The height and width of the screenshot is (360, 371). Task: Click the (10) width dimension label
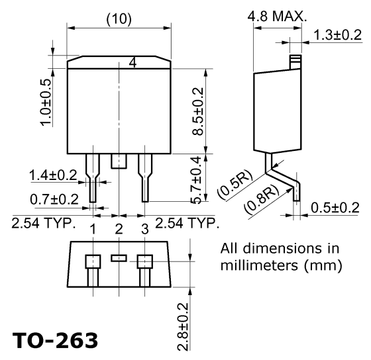pos(119,19)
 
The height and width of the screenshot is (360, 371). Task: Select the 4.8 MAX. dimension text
pos(277,17)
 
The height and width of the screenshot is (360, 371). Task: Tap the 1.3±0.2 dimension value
pos(338,35)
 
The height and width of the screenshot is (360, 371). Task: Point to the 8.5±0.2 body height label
pos(198,111)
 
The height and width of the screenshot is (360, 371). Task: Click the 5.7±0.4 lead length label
pos(197,180)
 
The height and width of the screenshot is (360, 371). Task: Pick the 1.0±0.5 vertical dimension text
pos(46,103)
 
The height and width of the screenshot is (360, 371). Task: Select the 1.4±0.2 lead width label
pos(53,175)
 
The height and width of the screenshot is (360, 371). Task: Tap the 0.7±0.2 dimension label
pos(54,199)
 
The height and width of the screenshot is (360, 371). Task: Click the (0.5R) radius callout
pos(235,184)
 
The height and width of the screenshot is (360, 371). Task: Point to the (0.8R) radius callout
pos(262,199)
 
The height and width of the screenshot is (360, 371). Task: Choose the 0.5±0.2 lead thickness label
pos(335,208)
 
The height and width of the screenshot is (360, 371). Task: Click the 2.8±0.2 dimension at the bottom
pos(183,327)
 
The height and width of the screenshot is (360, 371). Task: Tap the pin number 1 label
pos(93,229)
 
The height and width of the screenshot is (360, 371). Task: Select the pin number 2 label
pos(119,229)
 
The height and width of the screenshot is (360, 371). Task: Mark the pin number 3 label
pos(145,229)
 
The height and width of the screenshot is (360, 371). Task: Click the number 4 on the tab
pos(132,63)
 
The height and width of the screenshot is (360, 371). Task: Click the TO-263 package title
pos(55,340)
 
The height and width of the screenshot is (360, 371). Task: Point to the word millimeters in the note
pos(259,265)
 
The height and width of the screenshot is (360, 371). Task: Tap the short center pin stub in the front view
pos(119,161)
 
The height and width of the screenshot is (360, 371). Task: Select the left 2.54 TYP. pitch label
pos(44,223)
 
